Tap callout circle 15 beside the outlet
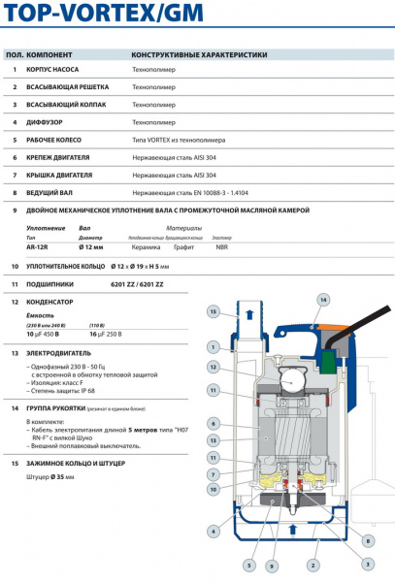[x=212, y=311]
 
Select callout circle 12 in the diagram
[x=212, y=368]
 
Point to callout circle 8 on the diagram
[x=368, y=540]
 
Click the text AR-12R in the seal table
[x=39, y=247]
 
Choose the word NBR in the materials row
[x=222, y=247]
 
